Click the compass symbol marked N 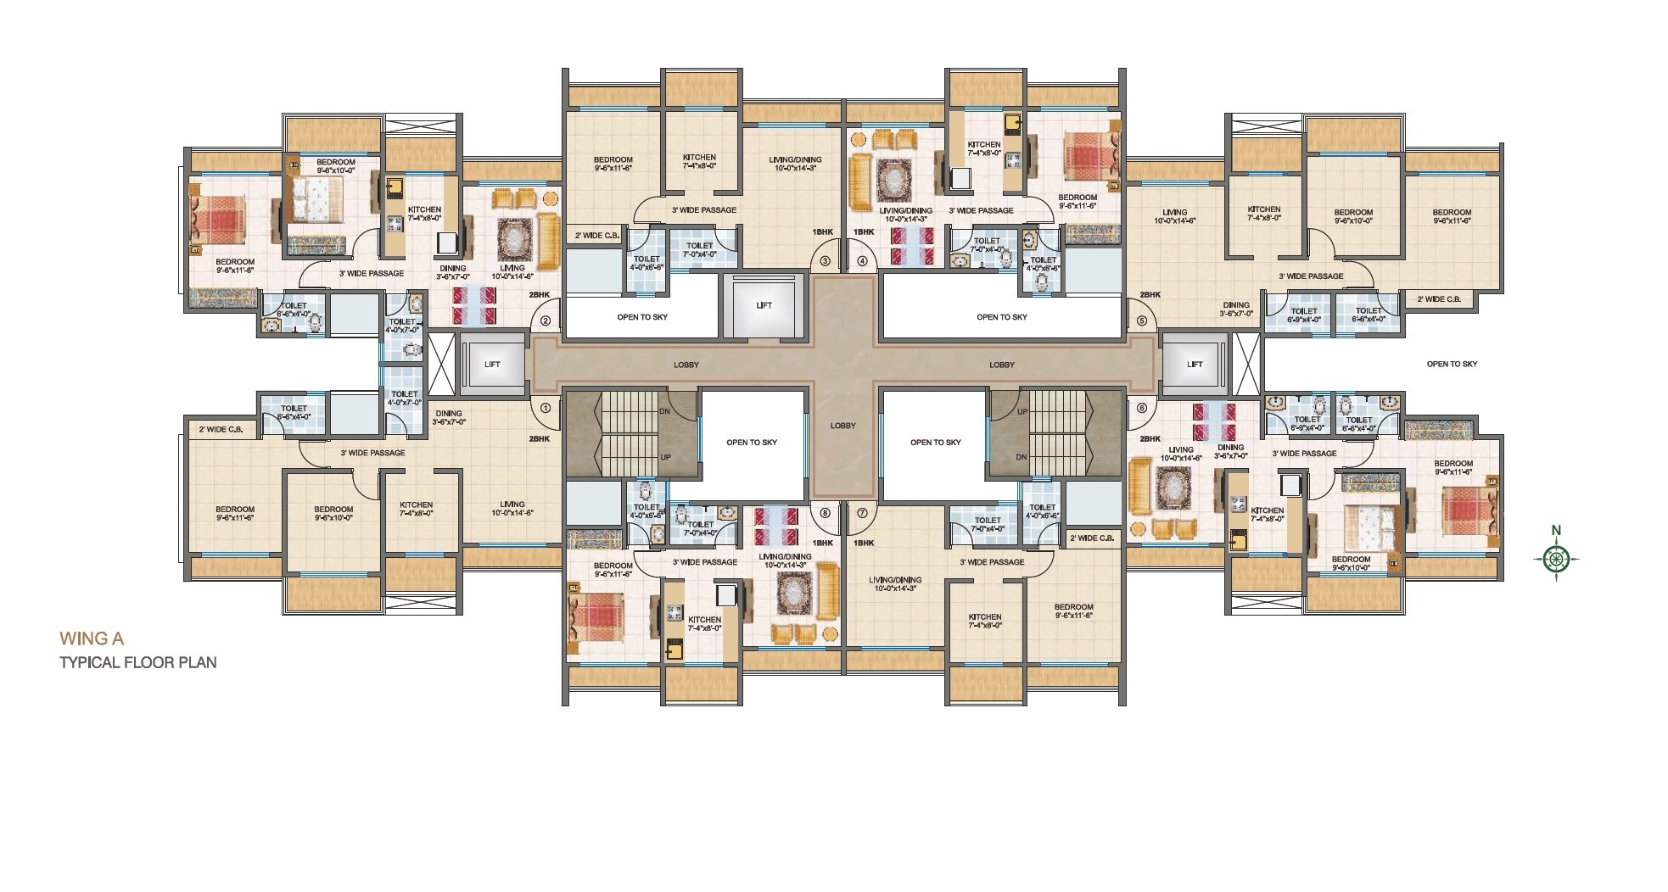tap(1556, 558)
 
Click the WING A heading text tap(91, 638)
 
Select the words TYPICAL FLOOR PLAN tap(137, 662)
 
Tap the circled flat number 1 tap(546, 407)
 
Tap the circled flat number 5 tap(1141, 321)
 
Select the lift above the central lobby tap(764, 305)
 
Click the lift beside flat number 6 tap(1194, 364)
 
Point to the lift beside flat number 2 tap(492, 364)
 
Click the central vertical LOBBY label tap(842, 426)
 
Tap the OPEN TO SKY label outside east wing tap(1452, 364)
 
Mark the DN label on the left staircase tap(664, 411)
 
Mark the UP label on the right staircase tap(1022, 411)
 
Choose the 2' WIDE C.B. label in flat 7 tap(1091, 538)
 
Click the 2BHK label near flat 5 tap(1150, 294)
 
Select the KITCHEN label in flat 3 tap(699, 161)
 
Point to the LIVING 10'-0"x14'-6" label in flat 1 tap(512, 508)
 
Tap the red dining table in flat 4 tap(911, 244)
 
